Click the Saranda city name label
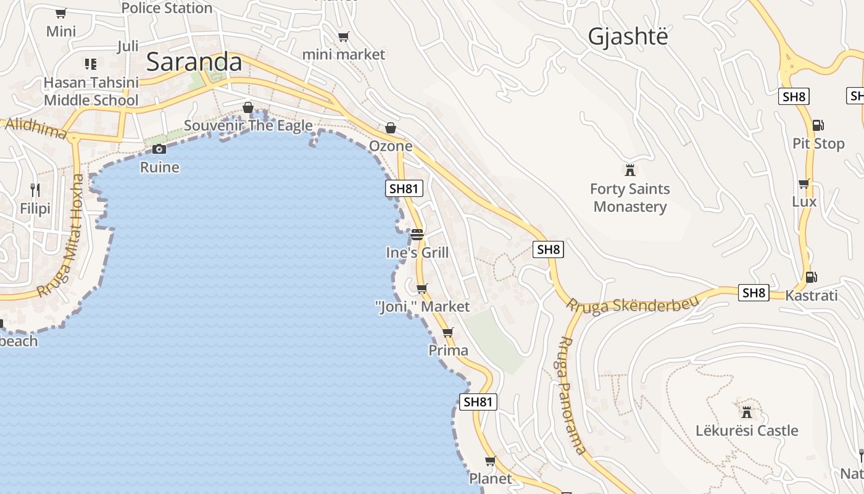[194, 62]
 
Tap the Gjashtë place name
[628, 36]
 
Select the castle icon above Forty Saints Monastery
[630, 170]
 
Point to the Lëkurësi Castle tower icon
[747, 412]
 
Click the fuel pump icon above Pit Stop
[818, 125]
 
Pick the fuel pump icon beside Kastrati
[811, 277]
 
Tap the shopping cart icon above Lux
[804, 183]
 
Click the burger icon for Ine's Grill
[417, 235]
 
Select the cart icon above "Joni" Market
[422, 288]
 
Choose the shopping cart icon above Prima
[448, 332]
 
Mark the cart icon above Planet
[491, 461]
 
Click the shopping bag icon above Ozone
[391, 128]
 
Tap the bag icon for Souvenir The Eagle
[248, 108]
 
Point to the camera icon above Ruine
[159, 149]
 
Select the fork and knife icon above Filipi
[35, 190]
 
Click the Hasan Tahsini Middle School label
[91, 91]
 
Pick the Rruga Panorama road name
[571, 395]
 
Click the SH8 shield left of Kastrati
[754, 293]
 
